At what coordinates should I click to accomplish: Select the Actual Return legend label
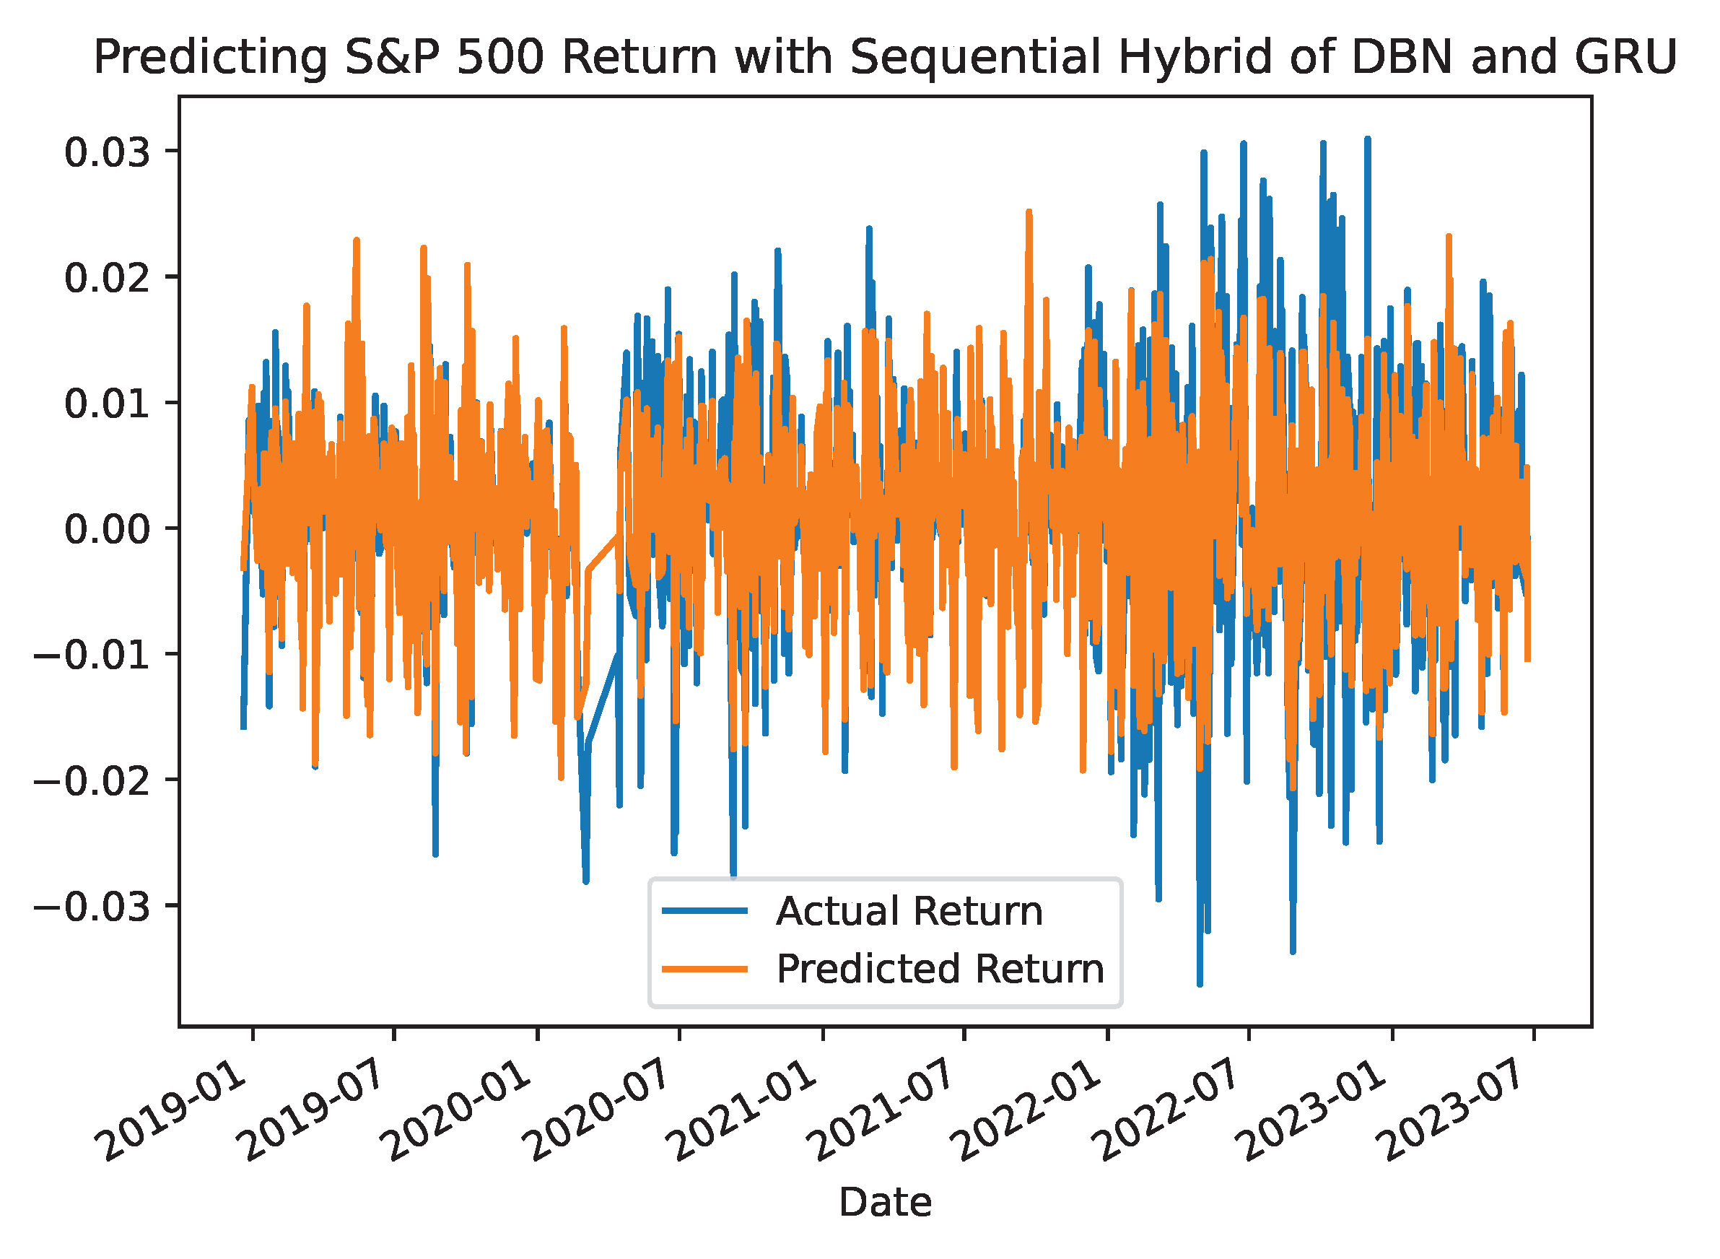(x=909, y=912)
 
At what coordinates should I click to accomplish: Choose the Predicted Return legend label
(x=940, y=970)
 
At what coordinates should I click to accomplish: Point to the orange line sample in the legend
(x=704, y=970)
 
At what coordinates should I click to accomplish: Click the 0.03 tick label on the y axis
(x=106, y=152)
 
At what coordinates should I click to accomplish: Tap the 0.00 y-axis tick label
(x=106, y=529)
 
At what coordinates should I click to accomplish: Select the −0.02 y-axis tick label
(x=92, y=781)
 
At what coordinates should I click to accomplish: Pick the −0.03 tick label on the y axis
(x=92, y=907)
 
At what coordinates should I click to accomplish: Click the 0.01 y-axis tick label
(x=106, y=403)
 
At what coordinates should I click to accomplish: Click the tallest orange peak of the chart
(x=1029, y=211)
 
